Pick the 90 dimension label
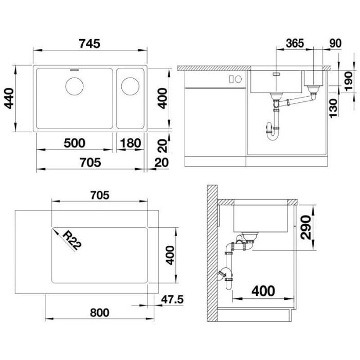tap(334, 42)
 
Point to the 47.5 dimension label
tap(172, 299)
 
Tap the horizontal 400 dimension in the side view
tap(263, 291)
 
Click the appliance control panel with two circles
tap(235, 79)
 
